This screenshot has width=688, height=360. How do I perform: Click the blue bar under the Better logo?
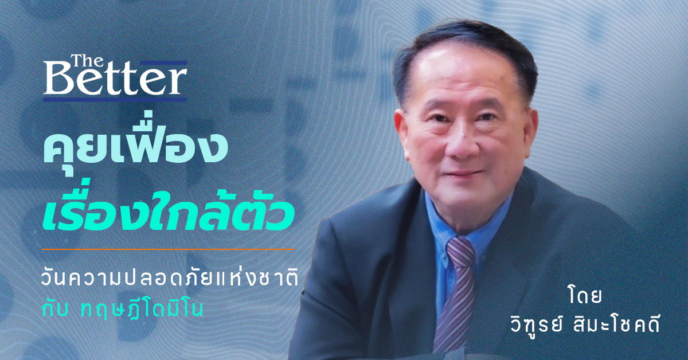115,99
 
